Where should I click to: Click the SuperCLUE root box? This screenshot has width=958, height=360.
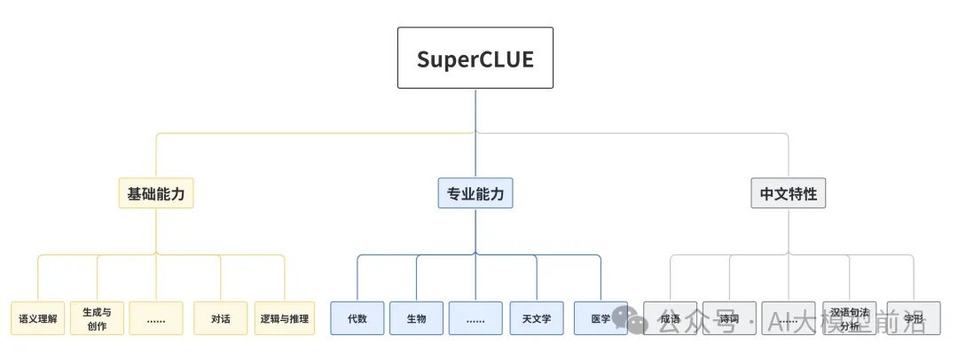click(x=475, y=58)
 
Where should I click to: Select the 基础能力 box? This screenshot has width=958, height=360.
click(x=156, y=193)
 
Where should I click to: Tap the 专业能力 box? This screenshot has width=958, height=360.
click(x=475, y=193)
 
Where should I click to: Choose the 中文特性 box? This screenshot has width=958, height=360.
click(x=789, y=193)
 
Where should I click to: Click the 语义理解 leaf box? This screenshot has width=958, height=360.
click(x=38, y=318)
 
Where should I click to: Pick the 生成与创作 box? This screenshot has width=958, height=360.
click(x=97, y=318)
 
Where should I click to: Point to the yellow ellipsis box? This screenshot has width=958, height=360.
click(x=156, y=318)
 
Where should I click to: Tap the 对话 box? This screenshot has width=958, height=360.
click(x=221, y=318)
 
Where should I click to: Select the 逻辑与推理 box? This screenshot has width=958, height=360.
click(x=285, y=318)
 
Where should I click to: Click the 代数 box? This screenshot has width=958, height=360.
click(x=357, y=318)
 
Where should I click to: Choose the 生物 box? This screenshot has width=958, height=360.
click(x=416, y=318)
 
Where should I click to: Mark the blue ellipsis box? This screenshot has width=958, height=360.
click(x=475, y=318)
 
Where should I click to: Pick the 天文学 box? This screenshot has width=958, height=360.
click(x=537, y=318)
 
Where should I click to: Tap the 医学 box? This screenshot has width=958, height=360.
click(x=600, y=318)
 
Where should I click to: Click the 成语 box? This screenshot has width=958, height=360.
click(x=671, y=318)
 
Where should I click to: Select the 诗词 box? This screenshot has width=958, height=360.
click(x=729, y=318)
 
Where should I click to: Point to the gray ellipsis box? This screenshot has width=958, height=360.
click(x=789, y=318)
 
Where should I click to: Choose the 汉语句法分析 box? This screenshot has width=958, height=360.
click(x=850, y=318)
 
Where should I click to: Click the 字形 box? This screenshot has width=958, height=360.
click(x=914, y=318)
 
